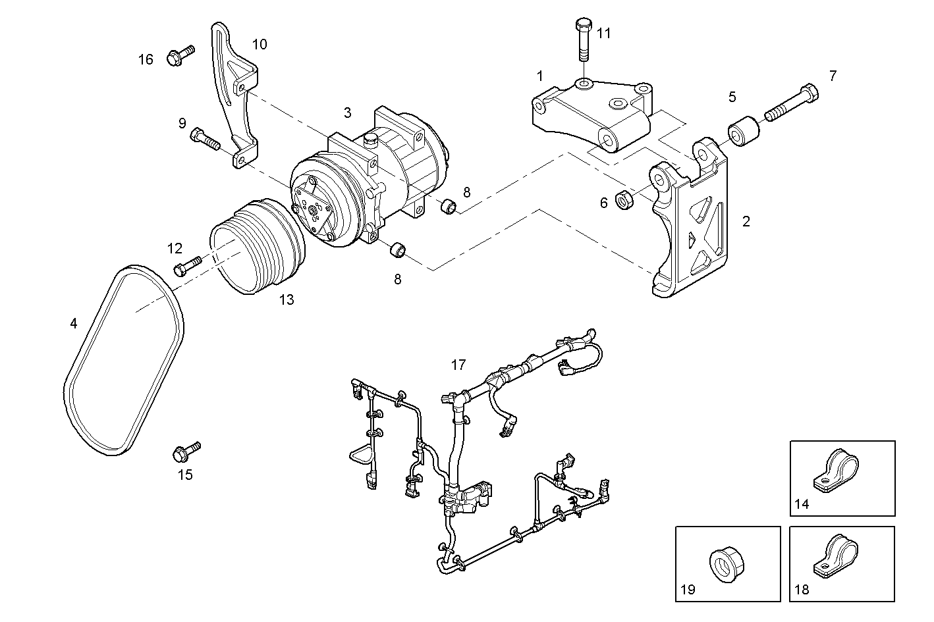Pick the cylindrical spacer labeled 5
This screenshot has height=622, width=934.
(744, 132)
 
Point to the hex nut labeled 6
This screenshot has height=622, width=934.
(624, 198)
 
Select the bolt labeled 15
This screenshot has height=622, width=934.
(186, 451)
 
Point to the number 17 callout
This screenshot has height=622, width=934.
(458, 364)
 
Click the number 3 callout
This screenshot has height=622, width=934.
(347, 113)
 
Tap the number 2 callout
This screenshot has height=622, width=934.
(746, 222)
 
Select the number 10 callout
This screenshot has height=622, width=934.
(260, 44)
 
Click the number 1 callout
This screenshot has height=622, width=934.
(540, 76)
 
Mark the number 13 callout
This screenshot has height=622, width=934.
(286, 300)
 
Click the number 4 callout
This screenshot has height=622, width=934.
(74, 323)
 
